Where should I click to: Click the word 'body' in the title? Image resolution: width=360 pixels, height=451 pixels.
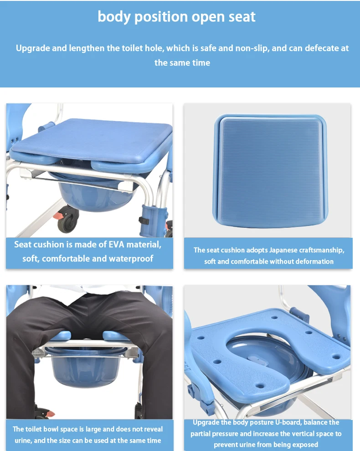(x=114, y=17)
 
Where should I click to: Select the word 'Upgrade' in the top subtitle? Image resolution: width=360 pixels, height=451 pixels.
(x=35, y=48)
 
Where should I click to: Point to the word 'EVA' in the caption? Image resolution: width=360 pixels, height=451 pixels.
(x=118, y=245)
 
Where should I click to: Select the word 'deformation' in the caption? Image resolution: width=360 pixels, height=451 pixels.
(x=314, y=261)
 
